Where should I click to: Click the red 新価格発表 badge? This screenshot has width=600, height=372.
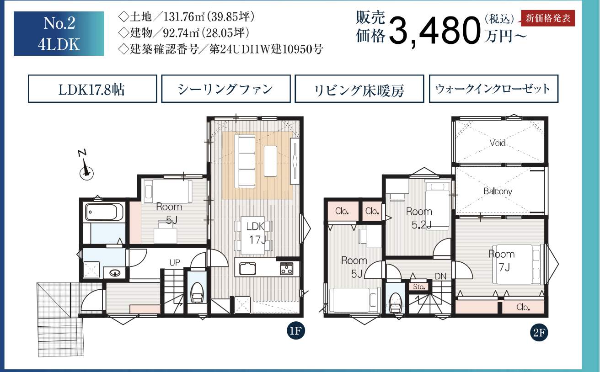548,18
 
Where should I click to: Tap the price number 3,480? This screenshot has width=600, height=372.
434,31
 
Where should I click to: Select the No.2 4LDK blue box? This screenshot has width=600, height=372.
59,33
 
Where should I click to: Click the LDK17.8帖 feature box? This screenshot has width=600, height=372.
92,89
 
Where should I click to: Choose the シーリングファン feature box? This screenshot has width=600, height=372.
226,89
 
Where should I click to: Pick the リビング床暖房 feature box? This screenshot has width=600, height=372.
359,89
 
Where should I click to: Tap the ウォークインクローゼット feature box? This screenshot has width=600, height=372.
493,89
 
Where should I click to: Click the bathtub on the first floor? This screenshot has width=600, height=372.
101,212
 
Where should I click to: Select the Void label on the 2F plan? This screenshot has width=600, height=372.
498,143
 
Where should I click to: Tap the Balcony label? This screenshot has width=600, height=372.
498,191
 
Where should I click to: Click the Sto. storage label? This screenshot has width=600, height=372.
419,287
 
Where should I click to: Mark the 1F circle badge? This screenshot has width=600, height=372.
296,331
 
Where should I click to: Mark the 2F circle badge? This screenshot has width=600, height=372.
539,333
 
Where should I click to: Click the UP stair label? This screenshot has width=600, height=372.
175,262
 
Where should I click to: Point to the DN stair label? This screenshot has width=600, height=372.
441,276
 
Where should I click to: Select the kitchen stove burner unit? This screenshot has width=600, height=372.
287,268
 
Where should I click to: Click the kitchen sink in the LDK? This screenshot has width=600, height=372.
247,269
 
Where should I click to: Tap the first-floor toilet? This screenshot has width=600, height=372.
198,293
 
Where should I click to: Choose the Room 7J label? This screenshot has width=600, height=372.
502,260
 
